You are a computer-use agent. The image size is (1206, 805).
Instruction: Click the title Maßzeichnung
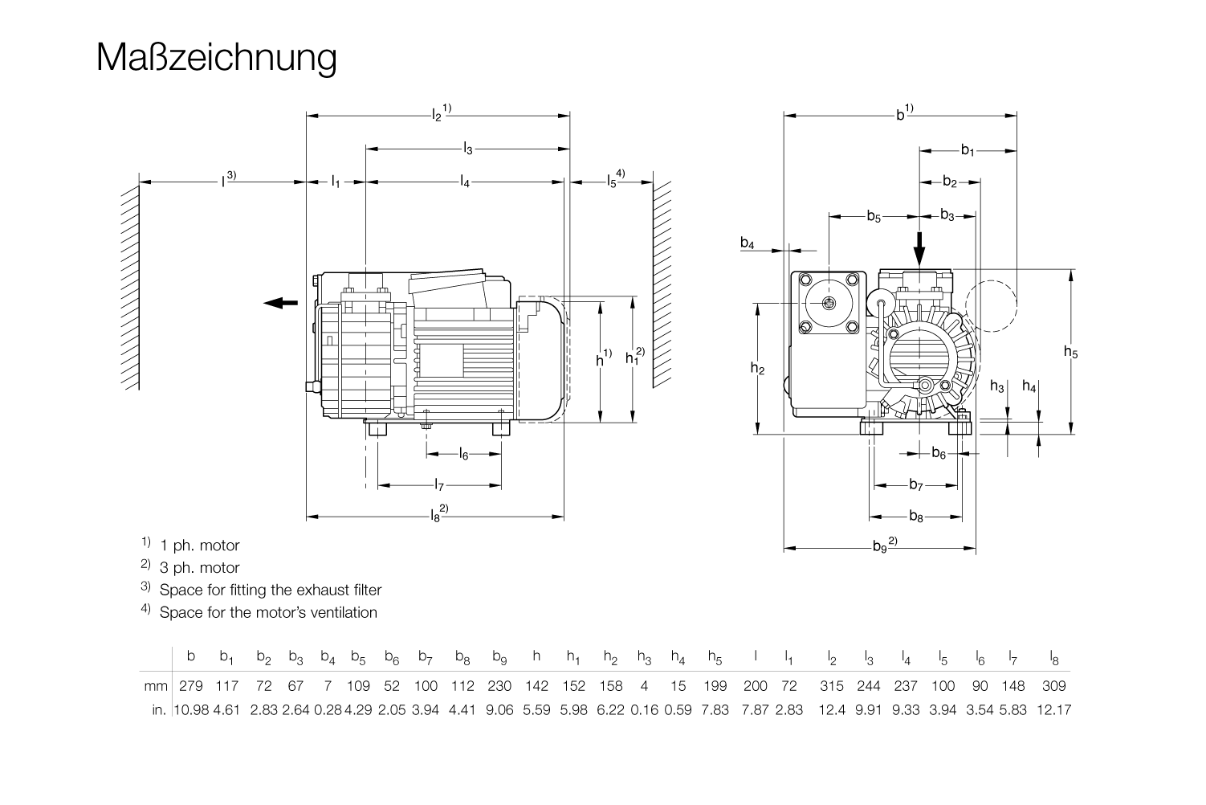tap(216, 58)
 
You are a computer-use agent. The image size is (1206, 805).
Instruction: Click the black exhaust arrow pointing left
tap(280, 302)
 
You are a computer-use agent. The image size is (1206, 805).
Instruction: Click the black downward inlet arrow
tap(920, 248)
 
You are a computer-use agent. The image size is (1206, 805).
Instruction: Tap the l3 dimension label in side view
tap(467, 149)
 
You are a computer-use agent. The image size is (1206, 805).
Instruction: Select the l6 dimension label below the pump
tap(463, 455)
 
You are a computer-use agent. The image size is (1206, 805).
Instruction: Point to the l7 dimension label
tap(438, 485)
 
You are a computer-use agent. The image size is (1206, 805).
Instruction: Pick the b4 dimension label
tap(747, 243)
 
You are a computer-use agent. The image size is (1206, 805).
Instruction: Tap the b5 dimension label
tap(874, 216)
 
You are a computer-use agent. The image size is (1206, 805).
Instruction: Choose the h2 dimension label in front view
tap(757, 369)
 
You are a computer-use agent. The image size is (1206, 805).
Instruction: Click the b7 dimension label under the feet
tap(916, 485)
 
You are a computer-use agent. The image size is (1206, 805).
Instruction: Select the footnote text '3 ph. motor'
tap(200, 568)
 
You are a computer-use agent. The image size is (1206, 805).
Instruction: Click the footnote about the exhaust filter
tap(271, 590)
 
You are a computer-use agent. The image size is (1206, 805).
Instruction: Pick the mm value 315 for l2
tap(832, 686)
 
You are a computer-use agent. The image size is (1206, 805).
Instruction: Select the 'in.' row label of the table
tap(160, 710)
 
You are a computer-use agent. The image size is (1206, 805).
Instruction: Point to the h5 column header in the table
tap(715, 658)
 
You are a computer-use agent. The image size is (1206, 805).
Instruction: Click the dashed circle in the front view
tap(992, 306)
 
